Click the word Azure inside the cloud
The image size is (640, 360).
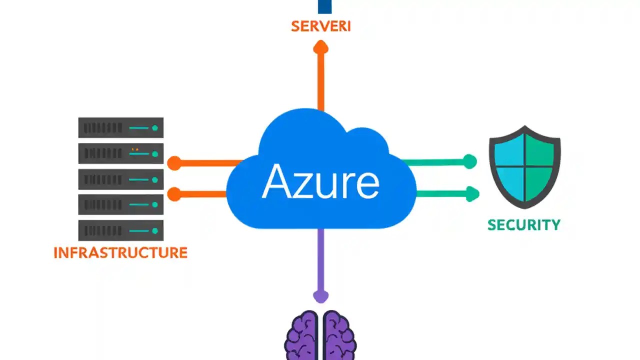click(x=320, y=181)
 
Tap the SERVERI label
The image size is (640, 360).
click(x=320, y=26)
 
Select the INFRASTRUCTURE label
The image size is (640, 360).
click(x=120, y=252)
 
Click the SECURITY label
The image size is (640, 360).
click(x=524, y=225)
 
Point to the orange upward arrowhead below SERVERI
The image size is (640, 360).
click(x=320, y=47)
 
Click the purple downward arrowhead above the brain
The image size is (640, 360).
click(x=320, y=296)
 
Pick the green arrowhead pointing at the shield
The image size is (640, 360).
click(x=472, y=193)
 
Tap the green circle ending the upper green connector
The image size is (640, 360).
click(x=469, y=161)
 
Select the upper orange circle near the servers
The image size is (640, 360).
click(x=174, y=163)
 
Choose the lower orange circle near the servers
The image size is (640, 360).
click(x=174, y=194)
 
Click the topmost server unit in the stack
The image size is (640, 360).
click(x=121, y=127)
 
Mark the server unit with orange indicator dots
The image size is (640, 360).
click(x=121, y=153)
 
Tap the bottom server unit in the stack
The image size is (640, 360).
click(x=121, y=230)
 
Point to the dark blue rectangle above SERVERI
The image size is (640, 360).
click(x=324, y=6)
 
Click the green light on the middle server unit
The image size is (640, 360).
click(x=155, y=179)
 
